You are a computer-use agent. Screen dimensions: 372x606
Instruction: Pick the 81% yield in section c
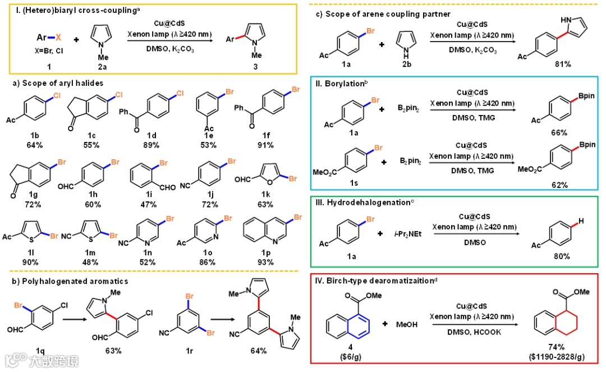[x=562, y=65]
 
